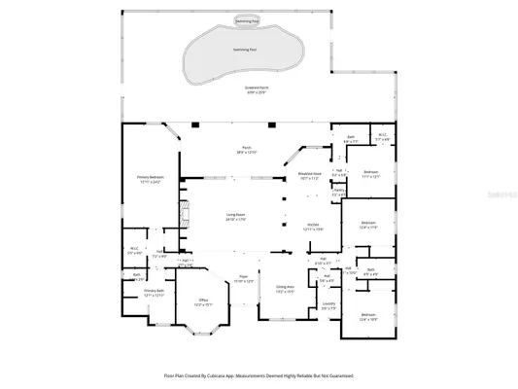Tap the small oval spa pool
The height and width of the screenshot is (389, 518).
[248, 19]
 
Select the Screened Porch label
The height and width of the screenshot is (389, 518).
[258, 88]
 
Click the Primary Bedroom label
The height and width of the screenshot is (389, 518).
[150, 180]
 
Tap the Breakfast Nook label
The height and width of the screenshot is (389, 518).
[309, 176]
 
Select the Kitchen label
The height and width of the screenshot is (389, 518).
[314, 226]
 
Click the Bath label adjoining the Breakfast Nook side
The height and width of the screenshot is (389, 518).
[350, 139]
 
